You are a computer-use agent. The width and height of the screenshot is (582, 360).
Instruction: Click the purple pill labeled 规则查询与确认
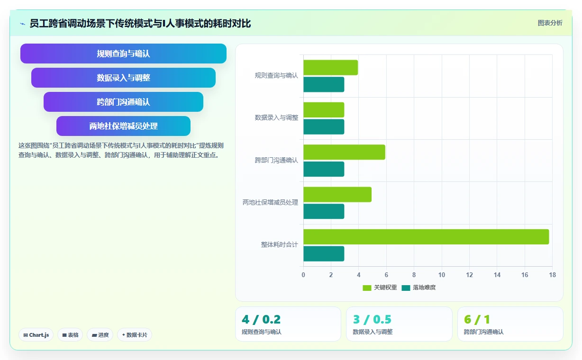click(123, 54)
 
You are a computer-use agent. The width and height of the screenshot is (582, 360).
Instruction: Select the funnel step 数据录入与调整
click(123, 78)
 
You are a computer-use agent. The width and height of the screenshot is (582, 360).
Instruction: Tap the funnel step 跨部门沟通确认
click(123, 102)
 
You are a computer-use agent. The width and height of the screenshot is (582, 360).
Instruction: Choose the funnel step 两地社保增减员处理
click(123, 126)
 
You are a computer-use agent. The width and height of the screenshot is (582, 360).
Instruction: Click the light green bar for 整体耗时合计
click(426, 237)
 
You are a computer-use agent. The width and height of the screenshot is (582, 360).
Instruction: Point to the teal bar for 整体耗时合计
click(324, 254)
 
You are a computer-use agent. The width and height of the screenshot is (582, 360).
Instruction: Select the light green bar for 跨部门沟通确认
click(344, 152)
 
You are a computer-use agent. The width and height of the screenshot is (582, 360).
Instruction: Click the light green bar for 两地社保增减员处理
click(337, 194)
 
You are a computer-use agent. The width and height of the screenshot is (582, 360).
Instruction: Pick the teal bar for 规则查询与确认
click(324, 84)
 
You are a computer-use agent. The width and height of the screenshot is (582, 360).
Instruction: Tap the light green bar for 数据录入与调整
click(324, 109)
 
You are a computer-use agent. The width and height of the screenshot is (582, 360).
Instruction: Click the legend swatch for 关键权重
click(367, 288)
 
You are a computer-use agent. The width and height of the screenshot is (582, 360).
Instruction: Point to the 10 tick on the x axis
click(442, 275)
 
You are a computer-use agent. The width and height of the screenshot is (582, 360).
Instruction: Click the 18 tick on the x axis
click(553, 275)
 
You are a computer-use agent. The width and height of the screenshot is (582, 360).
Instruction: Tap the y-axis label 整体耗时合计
click(279, 245)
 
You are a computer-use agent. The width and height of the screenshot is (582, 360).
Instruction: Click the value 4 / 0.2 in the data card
click(261, 319)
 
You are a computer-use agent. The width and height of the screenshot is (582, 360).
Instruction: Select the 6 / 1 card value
click(477, 319)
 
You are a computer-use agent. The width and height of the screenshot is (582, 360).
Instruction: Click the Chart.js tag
click(36, 335)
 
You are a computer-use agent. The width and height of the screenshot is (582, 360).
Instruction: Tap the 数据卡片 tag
click(134, 335)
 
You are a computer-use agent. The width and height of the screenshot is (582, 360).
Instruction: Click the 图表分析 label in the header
click(550, 23)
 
